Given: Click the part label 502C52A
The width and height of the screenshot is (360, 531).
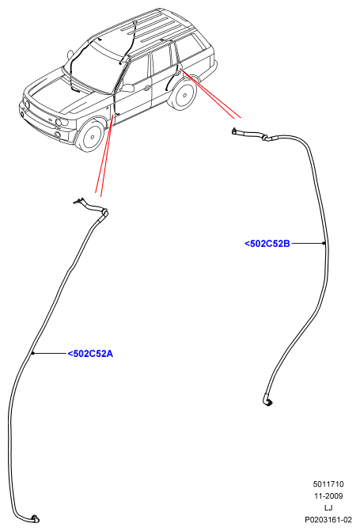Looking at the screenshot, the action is click(90, 354).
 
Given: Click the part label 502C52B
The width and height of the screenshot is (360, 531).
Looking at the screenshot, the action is click(267, 244).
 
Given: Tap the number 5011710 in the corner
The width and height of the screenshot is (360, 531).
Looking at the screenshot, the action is click(328, 484).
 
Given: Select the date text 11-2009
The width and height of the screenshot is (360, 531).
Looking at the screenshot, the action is click(328, 496).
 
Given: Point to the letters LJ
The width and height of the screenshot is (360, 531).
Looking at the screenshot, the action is click(328, 507).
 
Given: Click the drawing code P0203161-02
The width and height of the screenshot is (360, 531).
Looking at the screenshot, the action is click(328, 519).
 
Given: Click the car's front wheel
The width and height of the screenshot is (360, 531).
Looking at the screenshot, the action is click(91, 135).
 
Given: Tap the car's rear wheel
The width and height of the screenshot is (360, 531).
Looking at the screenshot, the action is click(184, 94).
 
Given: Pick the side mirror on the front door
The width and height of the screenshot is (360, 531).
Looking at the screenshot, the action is click(127, 89).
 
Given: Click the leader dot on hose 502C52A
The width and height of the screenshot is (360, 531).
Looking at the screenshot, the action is click(33, 353).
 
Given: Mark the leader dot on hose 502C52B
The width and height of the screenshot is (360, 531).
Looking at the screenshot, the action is click(324, 243).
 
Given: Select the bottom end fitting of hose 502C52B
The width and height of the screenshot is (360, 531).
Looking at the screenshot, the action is click(267, 401).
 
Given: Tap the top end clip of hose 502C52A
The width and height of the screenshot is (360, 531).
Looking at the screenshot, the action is click(78, 202).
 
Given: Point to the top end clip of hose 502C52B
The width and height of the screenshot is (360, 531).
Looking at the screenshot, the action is click(235, 131).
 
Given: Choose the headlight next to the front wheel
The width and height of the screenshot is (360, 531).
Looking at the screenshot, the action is click(62, 122).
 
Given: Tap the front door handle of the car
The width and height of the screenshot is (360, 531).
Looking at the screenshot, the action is click(146, 89).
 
